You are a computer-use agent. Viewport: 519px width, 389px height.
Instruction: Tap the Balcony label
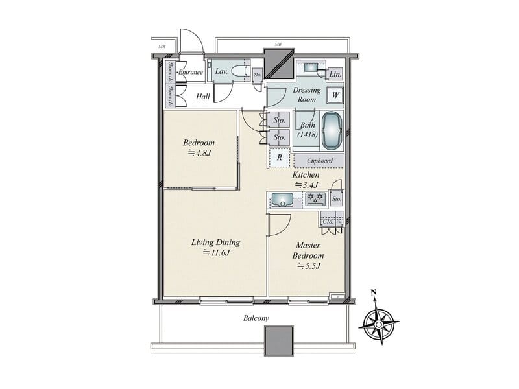256,318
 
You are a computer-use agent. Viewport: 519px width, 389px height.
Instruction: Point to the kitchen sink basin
282,199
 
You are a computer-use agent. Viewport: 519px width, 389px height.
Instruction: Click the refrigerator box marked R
278,158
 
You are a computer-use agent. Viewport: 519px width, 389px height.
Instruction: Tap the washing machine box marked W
335,95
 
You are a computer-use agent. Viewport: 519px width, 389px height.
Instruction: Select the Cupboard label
320,161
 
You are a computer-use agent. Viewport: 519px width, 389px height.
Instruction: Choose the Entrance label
191,72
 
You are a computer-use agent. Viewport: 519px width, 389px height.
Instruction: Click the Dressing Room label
306,95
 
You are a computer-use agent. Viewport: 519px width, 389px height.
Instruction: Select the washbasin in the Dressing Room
310,67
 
